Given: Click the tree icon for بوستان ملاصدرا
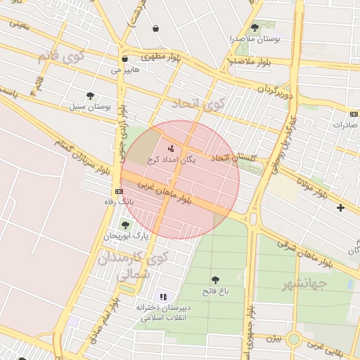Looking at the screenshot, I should [x=255, y=27].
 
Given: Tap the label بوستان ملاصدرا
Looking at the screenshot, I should [x=257, y=39].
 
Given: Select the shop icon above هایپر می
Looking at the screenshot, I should [x=124, y=59].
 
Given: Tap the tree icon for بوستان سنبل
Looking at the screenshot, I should [x=90, y=96].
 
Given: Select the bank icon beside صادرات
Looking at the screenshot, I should [x=353, y=114].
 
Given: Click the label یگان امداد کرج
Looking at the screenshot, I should [x=172, y=160].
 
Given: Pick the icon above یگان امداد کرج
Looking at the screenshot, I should [x=171, y=148].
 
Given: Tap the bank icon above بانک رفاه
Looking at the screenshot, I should [x=118, y=191].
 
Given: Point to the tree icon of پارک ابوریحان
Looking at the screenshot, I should [x=125, y=225].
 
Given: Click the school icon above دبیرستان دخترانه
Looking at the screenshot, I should [x=164, y=297].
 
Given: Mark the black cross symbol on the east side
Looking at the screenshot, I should [x=341, y=207].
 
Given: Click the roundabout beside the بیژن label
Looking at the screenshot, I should [x=294, y=339].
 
